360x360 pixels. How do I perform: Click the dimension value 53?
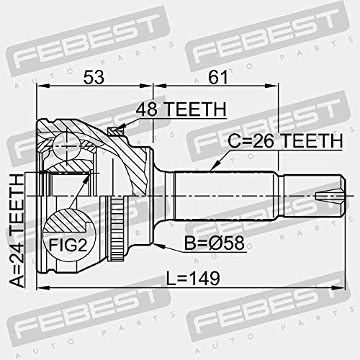click(94, 77)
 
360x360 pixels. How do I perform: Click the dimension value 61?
click(217, 77)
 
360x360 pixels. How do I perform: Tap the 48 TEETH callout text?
click(181, 109)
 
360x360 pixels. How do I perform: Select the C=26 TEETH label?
click(285, 141)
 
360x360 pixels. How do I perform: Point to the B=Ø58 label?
click(215, 243)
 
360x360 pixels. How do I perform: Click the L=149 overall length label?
click(193, 279)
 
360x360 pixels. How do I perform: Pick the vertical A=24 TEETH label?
click(17, 230)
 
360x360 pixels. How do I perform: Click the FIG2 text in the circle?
click(68, 245)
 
